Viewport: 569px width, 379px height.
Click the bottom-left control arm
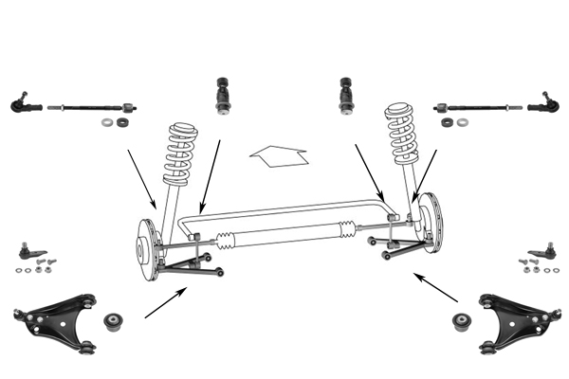[x=57, y=323]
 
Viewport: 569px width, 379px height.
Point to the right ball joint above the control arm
[x=544, y=254]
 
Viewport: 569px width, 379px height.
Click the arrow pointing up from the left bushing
[x=166, y=303]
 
